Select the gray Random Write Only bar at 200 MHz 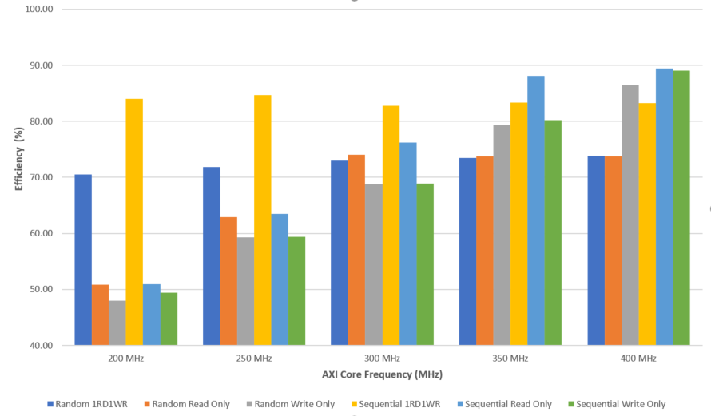tap(117, 323)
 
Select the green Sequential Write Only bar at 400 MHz tap(681, 208)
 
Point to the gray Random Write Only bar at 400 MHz tap(630, 215)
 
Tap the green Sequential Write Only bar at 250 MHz tap(296, 291)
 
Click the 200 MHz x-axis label tap(126, 359)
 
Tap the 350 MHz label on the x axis tap(510, 359)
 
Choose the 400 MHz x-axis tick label tap(638, 359)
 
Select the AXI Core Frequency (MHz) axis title tap(382, 374)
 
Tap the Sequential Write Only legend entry tap(620, 404)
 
